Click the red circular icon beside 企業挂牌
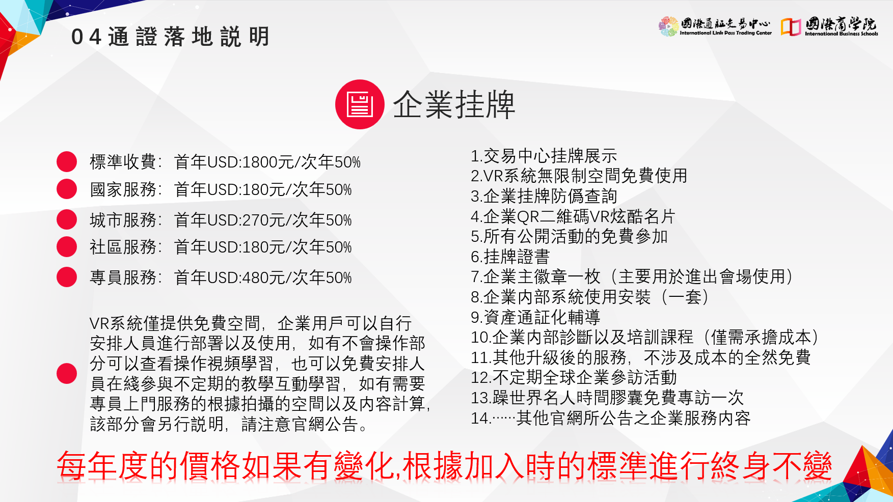coord(360,104)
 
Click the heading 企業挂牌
coord(454,105)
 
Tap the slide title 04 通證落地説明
coord(170,37)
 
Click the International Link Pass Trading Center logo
coord(715,26)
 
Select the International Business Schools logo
coord(830,26)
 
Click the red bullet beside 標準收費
coord(67,161)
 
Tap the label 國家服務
coord(123,189)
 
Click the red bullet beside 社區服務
coord(67,246)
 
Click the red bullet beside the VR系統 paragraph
coord(67,373)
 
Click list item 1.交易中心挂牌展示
coord(544,156)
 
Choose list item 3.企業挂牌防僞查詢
coord(544,196)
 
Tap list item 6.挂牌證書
coord(510,257)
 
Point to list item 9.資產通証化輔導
coord(535,317)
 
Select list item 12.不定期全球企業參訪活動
coord(574,377)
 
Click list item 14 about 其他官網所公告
coord(610,418)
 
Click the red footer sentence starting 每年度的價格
coord(444,466)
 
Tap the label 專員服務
coord(123,277)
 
